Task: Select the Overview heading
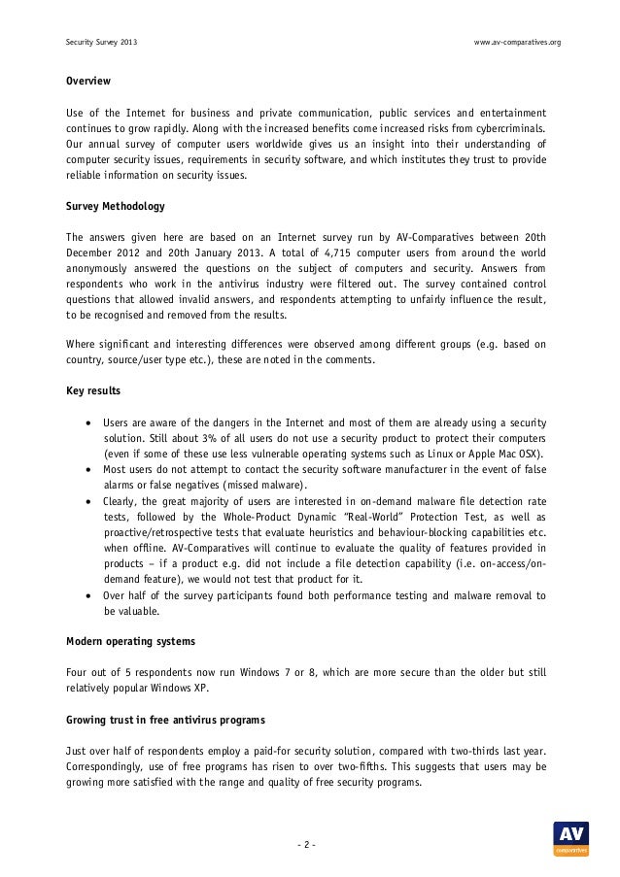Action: [x=87, y=80]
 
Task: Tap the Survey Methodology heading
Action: [x=115, y=207]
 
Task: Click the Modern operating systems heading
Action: [x=130, y=642]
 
